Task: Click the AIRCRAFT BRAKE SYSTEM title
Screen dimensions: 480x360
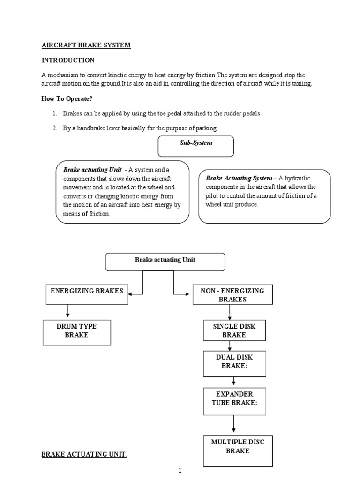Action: [86, 45]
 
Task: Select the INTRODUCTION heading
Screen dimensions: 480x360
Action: [68, 60]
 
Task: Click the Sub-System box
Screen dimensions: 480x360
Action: [196, 146]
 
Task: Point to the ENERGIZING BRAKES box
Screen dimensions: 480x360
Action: [87, 294]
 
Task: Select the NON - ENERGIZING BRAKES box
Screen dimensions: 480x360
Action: [232, 295]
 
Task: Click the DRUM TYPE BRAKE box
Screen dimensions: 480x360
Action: [77, 332]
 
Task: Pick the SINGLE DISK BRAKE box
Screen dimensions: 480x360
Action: [234, 330]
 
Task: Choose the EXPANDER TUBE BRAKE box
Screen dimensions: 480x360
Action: [234, 401]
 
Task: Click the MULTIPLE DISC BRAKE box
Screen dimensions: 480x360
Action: [237, 450]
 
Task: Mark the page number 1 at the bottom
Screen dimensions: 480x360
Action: [180, 471]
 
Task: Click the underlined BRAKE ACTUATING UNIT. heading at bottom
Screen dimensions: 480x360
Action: [84, 455]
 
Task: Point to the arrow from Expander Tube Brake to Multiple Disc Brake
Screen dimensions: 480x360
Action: [233, 425]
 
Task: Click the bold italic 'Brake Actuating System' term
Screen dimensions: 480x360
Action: [239, 178]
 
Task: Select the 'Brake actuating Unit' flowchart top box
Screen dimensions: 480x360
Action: [165, 262]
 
